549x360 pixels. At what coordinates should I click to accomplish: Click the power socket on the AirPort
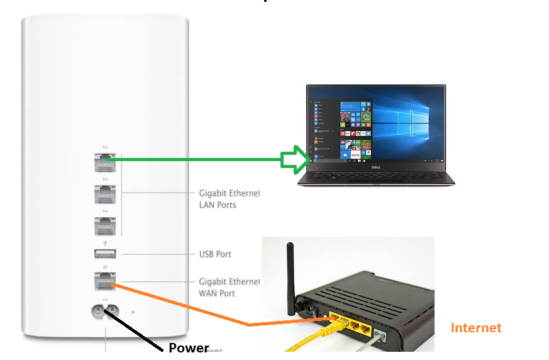[x=104, y=311]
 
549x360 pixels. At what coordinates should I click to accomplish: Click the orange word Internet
[x=476, y=328]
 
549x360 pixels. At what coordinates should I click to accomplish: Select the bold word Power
[x=189, y=347]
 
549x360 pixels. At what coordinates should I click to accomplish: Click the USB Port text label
[x=215, y=254]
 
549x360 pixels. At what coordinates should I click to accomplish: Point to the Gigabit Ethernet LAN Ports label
[x=229, y=199]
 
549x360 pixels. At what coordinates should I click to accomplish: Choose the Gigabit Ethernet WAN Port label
[x=229, y=288]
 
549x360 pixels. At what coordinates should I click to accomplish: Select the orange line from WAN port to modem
[x=189, y=306]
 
